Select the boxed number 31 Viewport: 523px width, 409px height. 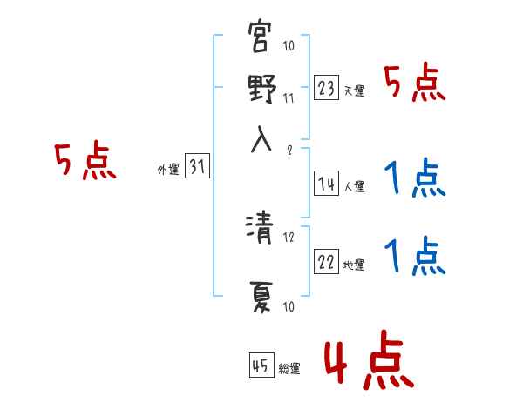click(x=197, y=169)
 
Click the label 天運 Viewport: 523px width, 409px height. click(x=354, y=91)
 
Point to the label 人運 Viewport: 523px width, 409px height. click(x=354, y=186)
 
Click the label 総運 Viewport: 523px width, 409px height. click(x=289, y=369)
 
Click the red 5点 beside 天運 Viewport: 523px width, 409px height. click(x=415, y=84)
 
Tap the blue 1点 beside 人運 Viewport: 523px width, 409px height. click(x=415, y=180)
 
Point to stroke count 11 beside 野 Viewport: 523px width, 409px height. click(x=289, y=97)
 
